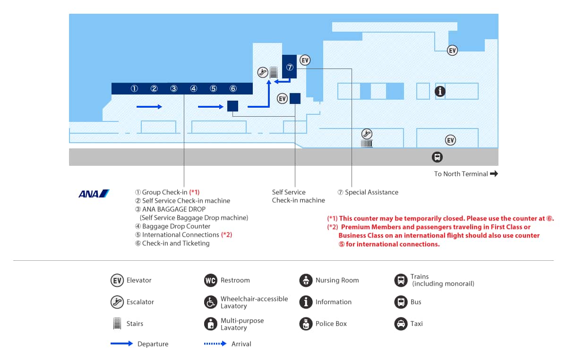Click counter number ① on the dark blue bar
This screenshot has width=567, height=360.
coord(134,89)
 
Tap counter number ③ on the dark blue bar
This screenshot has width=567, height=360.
coord(174,89)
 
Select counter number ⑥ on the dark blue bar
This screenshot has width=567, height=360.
coord(233,89)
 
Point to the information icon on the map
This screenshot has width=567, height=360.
coord(440,91)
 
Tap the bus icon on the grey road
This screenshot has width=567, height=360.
coord(438,157)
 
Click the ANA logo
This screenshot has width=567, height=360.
coord(94,193)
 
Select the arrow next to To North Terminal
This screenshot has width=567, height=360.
coord(494,174)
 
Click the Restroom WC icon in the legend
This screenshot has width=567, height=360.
coord(210,280)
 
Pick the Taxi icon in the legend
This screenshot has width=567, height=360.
coord(401,324)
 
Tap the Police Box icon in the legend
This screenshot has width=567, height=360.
coord(306,324)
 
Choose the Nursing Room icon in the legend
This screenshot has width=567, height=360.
coord(306,280)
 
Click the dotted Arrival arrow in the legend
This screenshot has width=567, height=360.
coord(215,343)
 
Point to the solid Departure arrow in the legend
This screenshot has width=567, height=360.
coord(121,343)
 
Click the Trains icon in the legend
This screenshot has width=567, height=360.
coord(401,280)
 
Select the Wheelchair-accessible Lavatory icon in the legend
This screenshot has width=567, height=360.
coord(210,302)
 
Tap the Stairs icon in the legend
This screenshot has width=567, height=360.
coord(117,324)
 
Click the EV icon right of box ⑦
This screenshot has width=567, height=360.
coord(305,60)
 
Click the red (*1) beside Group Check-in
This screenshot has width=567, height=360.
coord(194,192)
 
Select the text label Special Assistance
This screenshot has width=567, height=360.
coord(371,192)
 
